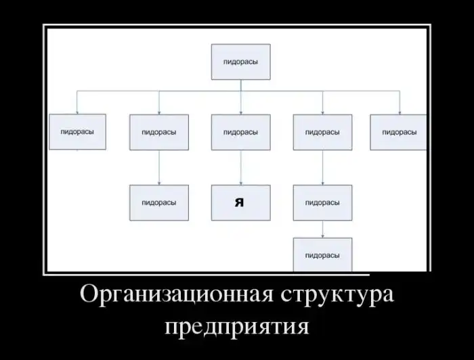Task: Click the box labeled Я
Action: (240, 202)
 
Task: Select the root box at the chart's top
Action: (240, 62)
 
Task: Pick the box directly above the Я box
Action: (240, 132)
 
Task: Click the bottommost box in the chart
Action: (322, 255)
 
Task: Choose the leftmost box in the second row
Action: (77, 132)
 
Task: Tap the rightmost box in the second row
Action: (399, 132)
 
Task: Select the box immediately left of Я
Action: (159, 202)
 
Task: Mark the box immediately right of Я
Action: (322, 202)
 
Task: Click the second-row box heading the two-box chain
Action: (322, 132)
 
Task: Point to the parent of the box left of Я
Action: (159, 132)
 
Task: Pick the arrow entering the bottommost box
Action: (322, 231)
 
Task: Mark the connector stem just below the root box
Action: (240, 85)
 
